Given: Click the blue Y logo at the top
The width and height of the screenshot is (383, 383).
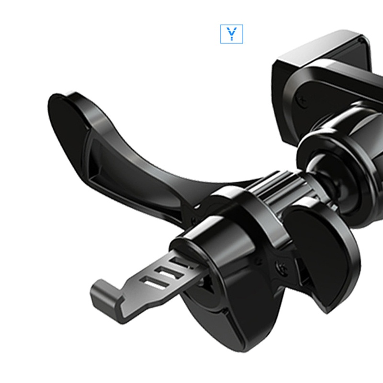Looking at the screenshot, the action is pos(232,34).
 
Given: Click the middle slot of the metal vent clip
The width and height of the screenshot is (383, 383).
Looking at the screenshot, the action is pos(168,271).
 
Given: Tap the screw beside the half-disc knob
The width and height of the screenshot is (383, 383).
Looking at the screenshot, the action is pos(282,268).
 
